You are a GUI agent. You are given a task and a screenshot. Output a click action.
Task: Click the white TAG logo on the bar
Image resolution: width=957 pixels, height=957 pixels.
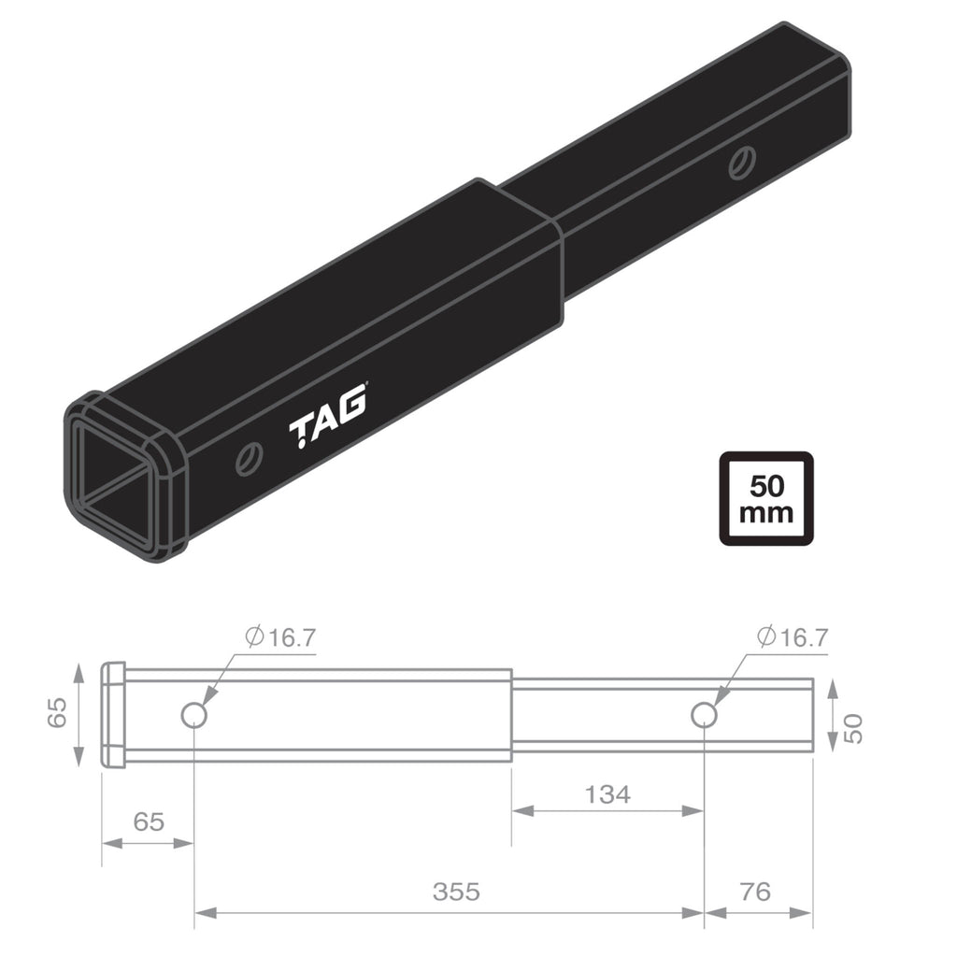(327, 426)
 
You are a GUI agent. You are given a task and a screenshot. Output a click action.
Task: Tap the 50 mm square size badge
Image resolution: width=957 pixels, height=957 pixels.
(765, 499)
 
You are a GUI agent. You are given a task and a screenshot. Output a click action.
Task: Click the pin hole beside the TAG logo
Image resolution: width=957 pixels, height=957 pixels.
(249, 459)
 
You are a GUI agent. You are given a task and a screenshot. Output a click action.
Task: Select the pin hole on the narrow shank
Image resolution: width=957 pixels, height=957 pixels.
(742, 163)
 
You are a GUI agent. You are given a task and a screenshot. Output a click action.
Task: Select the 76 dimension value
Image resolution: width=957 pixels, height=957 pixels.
(754, 892)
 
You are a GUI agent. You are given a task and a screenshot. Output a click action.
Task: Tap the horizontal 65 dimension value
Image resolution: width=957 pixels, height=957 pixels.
(148, 821)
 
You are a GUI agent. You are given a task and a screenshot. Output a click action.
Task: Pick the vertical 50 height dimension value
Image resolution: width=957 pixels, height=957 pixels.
(851, 726)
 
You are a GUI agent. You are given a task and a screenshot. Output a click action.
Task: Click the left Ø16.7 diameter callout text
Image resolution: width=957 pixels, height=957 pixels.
(281, 637)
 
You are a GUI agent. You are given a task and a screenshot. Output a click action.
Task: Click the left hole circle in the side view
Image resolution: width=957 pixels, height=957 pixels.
(193, 715)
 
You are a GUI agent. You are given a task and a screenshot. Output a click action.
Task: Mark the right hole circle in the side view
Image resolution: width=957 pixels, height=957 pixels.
(703, 715)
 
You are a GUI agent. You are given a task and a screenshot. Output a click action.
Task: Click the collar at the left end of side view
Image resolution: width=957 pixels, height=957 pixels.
(113, 715)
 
